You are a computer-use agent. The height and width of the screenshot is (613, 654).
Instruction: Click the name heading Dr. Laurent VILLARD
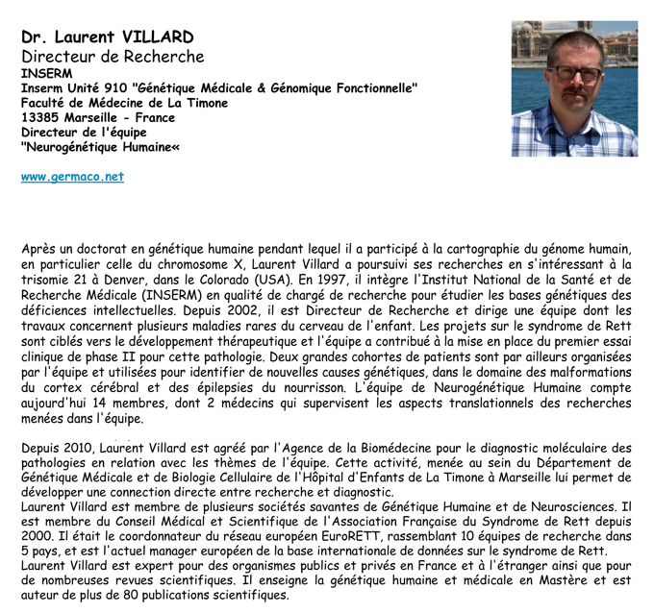108,37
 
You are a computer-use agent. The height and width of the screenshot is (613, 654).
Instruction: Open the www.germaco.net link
72,177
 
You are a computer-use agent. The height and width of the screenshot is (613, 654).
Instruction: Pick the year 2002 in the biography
245,311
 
